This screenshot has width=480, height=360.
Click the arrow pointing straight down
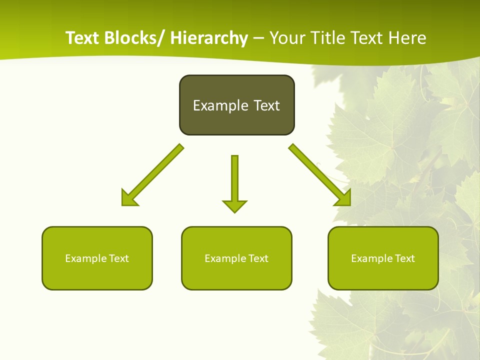pos(234,180)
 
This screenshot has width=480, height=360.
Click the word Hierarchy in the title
pos(209,38)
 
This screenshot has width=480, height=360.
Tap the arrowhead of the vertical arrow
pos(234,205)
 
